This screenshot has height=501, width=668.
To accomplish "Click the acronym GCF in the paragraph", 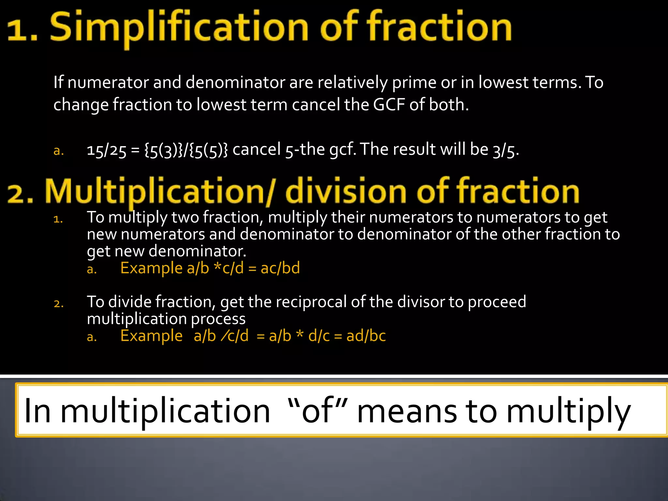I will tap(389, 105).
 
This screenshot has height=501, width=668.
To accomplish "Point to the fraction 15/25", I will tap(106, 150).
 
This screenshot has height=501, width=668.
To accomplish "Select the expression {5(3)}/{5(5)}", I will tap(186, 150).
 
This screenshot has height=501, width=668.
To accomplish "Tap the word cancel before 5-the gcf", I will tap(257, 150).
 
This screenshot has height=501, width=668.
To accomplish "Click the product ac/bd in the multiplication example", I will tap(280, 268).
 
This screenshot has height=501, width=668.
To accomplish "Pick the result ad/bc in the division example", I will tap(366, 336).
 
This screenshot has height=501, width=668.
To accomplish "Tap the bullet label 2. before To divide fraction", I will tap(59, 304).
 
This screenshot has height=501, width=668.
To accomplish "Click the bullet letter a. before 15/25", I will tap(59, 151).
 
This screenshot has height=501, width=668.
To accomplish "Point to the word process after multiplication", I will tap(218, 319).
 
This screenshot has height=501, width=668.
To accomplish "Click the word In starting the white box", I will tap(37, 411).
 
